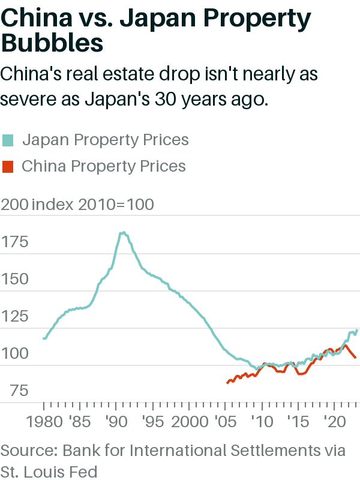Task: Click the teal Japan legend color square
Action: pyautogui.click(x=8, y=140)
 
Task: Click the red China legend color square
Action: pyautogui.click(x=8, y=166)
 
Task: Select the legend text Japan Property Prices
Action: pyautogui.click(x=105, y=140)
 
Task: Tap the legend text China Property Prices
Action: pyautogui.click(x=104, y=166)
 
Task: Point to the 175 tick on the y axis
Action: pyautogui.click(x=14, y=242)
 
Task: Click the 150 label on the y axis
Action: pyautogui.click(x=14, y=280)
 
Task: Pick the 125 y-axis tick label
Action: pyautogui.click(x=14, y=316)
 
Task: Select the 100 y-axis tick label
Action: pyautogui.click(x=14, y=353)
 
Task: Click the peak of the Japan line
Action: pyautogui.click(x=122, y=232)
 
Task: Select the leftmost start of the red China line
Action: pyautogui.click(x=227, y=382)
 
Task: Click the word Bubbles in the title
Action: pyautogui.click(x=52, y=44)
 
